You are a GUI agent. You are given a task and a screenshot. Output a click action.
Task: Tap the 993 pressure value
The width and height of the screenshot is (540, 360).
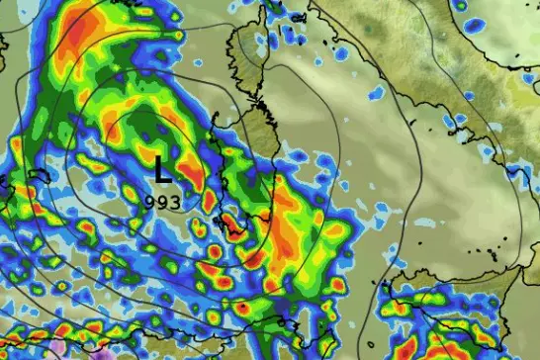pos(163,200)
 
